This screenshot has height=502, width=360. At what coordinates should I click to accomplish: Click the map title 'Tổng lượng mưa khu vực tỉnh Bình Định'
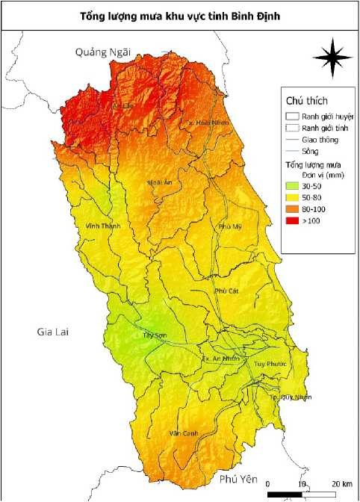coord(179,15)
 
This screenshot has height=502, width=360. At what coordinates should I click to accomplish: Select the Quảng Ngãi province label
coord(102,52)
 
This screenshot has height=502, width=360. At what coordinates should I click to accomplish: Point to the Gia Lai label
coord(53,332)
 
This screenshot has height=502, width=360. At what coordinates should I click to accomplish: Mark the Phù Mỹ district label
coord(230,226)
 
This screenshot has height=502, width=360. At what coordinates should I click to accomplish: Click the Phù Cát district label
coord(225,291)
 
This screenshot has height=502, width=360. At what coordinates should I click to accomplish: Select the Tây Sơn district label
coord(154,335)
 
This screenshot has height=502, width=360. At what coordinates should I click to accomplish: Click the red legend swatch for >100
coord(292,222)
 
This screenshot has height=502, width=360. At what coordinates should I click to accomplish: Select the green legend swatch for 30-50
coord(292,184)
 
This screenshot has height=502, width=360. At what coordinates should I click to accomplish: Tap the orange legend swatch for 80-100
coord(292,209)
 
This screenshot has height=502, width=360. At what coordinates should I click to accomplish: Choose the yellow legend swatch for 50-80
coord(292,196)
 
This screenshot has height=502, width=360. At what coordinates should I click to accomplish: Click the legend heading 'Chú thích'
coord(307,100)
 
